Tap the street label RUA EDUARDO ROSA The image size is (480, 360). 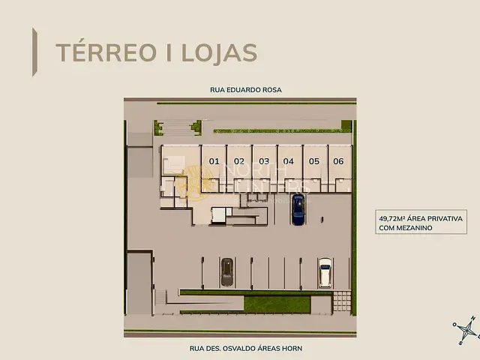pyautogui.click(x=240, y=90)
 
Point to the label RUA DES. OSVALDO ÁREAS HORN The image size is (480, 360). pyautogui.click(x=240, y=348)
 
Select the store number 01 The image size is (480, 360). pyautogui.click(x=214, y=161)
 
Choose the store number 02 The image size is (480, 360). pyautogui.click(x=239, y=161)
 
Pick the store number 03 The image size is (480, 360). pyautogui.click(x=264, y=161)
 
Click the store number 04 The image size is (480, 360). pyautogui.click(x=288, y=161)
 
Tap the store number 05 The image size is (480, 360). pyautogui.click(x=313, y=161)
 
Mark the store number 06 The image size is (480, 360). pyautogui.click(x=338, y=161)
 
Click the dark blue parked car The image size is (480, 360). pyautogui.click(x=298, y=209)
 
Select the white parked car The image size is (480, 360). pyautogui.click(x=325, y=272)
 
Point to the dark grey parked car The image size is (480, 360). pyautogui.click(x=227, y=272)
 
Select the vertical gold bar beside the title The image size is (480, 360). pyautogui.click(x=34, y=52)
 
